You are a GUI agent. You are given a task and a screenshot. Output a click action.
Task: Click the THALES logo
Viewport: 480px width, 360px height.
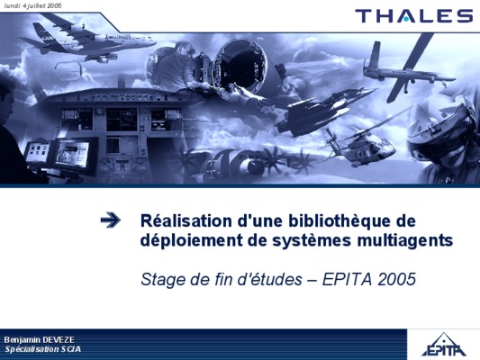(x=414, y=16)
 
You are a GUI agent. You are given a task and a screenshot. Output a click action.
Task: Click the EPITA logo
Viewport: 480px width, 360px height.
(x=444, y=345)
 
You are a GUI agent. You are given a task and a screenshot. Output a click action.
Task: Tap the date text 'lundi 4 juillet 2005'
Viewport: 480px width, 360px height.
(x=32, y=5)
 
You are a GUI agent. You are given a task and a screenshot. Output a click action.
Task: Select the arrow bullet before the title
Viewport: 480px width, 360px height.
(x=110, y=220)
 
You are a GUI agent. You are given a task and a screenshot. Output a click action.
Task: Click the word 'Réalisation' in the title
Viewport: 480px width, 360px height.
(x=186, y=220)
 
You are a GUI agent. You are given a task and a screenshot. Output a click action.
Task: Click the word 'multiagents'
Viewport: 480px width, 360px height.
(x=405, y=241)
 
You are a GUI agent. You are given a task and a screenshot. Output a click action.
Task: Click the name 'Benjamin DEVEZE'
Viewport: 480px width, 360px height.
(x=40, y=339)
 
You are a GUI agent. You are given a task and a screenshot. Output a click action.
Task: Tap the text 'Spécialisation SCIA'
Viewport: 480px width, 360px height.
(x=43, y=349)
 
